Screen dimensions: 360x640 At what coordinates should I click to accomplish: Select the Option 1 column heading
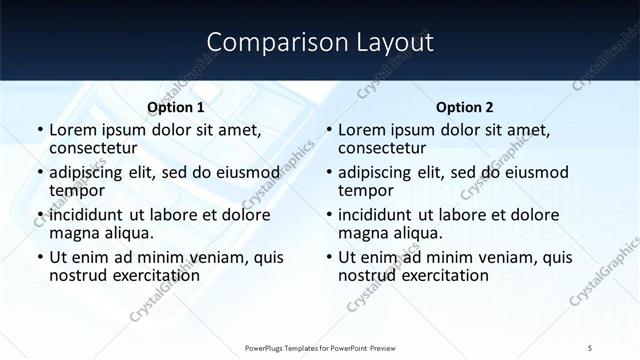176,107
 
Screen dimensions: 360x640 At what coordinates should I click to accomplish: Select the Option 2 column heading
465,107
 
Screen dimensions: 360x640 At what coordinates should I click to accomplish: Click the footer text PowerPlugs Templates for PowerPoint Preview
319,347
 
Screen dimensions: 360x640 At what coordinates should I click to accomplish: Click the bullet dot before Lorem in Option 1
39,130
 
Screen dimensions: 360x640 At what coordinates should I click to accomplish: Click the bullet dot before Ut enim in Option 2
328,257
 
